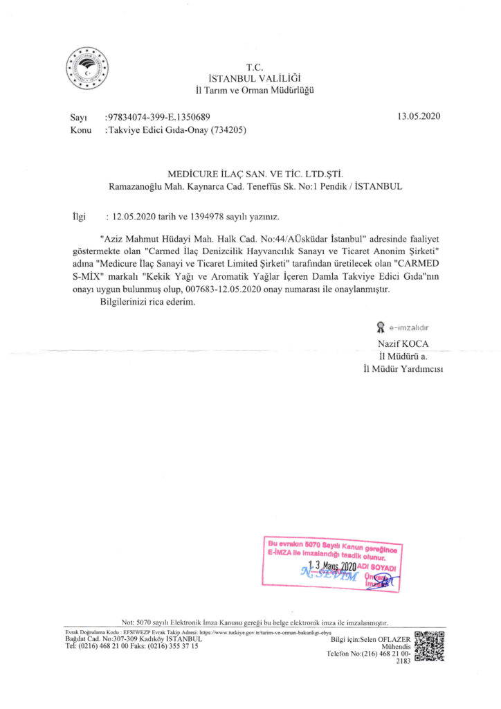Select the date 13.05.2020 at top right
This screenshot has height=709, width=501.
tap(419, 116)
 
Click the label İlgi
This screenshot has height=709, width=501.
tap(80, 217)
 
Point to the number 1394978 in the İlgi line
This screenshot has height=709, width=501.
tap(206, 217)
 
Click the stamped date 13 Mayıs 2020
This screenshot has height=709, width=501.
tap(331, 566)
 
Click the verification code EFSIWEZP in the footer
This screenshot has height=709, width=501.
tap(134, 633)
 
